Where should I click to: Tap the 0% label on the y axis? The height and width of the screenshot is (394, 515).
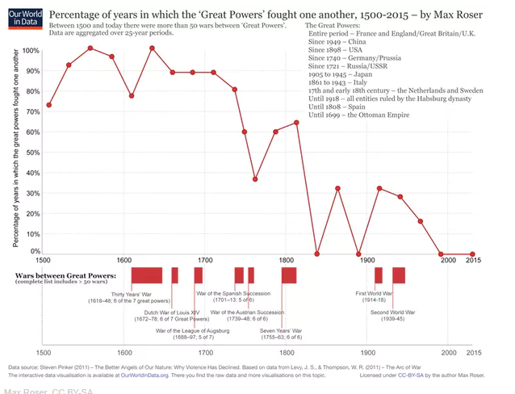(32, 252)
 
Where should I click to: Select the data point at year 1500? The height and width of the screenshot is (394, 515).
(49, 105)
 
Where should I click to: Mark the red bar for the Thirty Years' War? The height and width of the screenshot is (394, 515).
(147, 275)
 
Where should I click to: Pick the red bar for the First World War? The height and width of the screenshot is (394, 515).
(378, 275)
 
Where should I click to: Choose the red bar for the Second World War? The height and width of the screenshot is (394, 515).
(398, 275)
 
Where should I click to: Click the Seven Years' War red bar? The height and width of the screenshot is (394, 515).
(289, 275)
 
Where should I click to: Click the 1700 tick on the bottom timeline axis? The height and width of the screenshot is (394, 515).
(205, 352)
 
